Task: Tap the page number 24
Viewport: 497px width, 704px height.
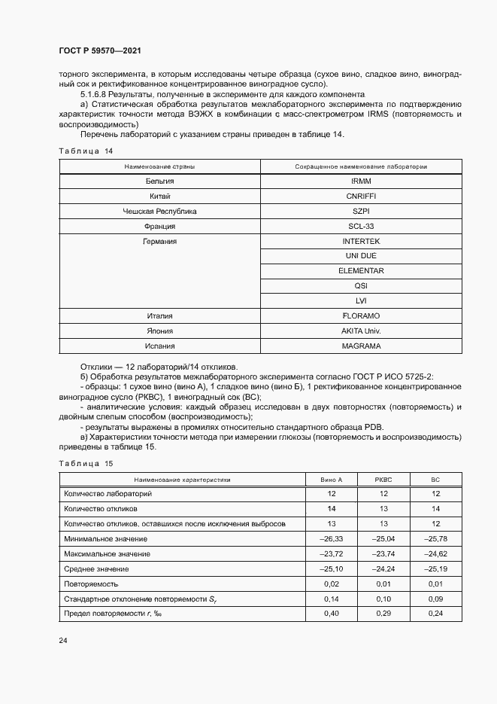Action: tap(62, 640)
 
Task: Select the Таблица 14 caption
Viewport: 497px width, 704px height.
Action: tap(86, 151)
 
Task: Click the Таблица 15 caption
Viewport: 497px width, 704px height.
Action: tap(86, 462)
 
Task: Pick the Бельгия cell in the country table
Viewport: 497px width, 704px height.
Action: tap(159, 181)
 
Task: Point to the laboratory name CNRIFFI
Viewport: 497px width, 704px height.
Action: tap(360, 197)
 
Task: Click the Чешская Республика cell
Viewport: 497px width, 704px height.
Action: tap(159, 212)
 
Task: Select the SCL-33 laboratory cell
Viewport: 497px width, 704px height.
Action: tap(360, 227)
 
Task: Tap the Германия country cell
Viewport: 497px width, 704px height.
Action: tap(159, 242)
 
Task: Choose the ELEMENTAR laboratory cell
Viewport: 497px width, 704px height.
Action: tap(360, 271)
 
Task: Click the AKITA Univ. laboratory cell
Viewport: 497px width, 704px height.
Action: tap(360, 331)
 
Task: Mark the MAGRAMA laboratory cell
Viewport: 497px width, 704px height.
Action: tap(360, 346)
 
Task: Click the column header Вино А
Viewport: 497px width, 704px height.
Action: tap(332, 480)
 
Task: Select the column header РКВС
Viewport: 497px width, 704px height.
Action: tap(383, 480)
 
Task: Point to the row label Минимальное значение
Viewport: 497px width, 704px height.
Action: tap(106, 539)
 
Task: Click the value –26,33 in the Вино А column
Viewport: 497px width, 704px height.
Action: tap(332, 539)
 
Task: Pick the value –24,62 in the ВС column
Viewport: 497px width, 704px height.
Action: tap(435, 554)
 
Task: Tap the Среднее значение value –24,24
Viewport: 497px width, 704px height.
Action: tap(383, 569)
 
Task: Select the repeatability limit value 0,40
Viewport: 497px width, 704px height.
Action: tap(332, 614)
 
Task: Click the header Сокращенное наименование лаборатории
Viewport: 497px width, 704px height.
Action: tap(360, 166)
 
